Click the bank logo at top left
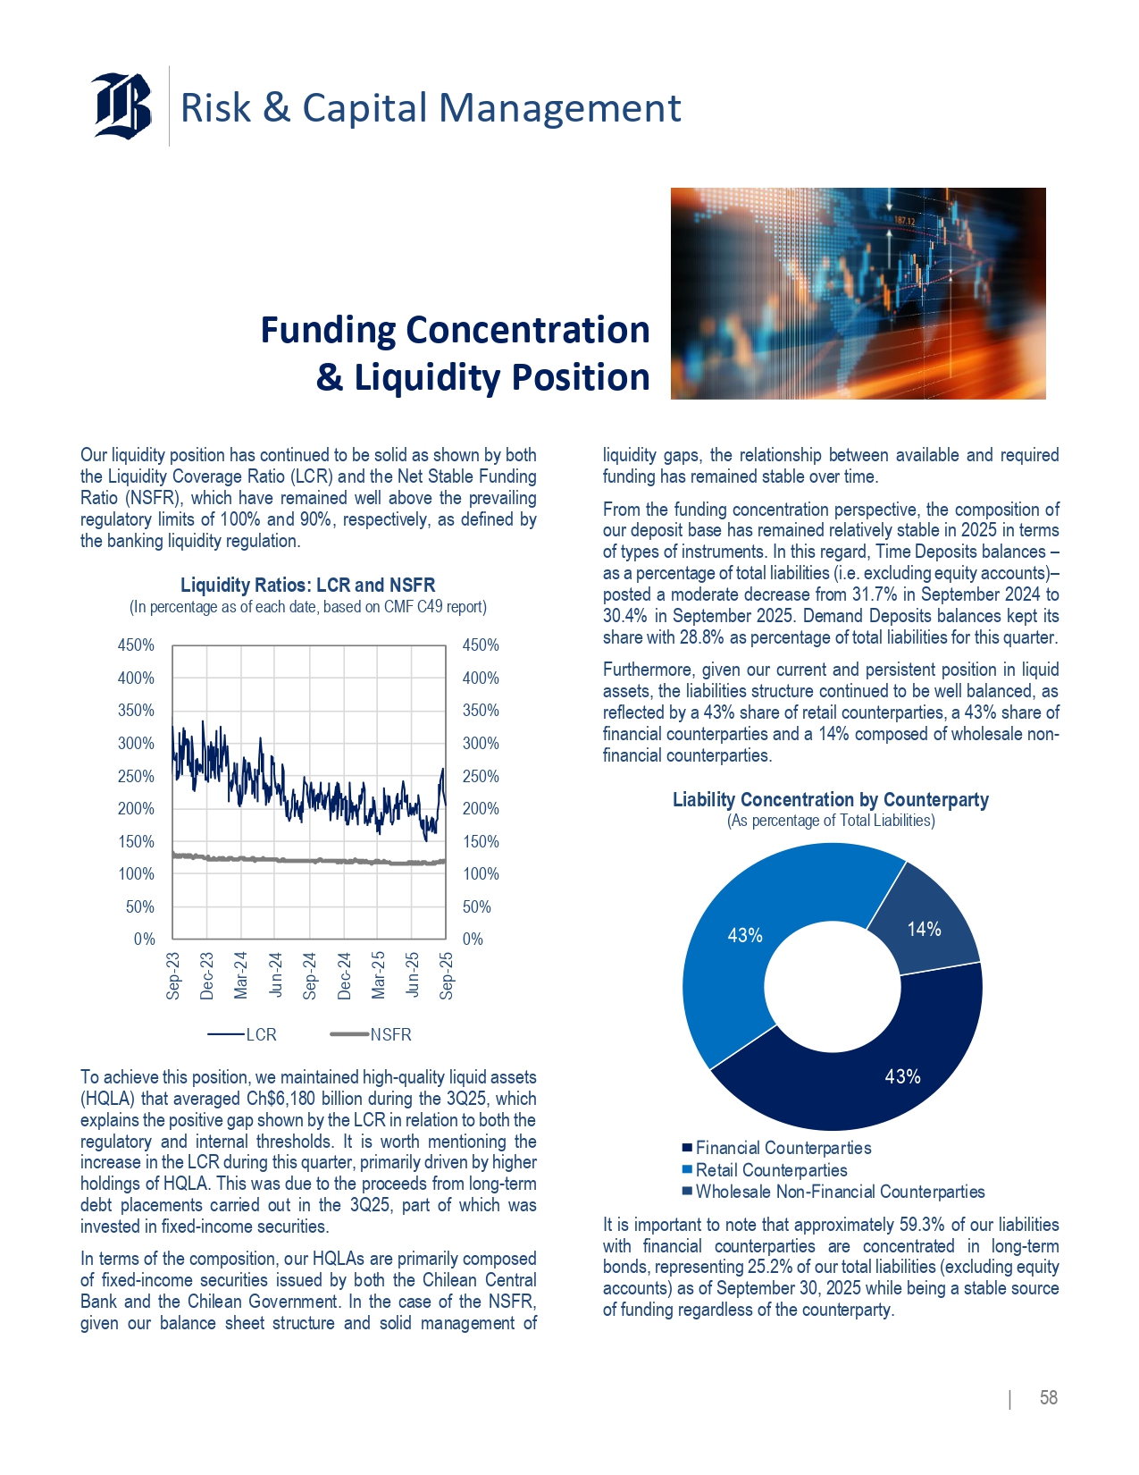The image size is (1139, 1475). (122, 105)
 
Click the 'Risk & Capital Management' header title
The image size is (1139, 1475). (431, 108)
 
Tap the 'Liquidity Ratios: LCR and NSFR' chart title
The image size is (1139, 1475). (307, 586)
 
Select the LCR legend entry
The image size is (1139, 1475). (243, 1034)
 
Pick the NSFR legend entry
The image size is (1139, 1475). (372, 1034)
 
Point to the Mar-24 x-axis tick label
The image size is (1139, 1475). (241, 974)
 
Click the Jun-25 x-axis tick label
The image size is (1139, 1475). (412, 974)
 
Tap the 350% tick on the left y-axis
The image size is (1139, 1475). (136, 711)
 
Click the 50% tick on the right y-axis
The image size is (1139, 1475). (477, 906)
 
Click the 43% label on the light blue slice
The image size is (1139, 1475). (745, 935)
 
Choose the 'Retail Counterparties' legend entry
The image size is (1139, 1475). (771, 1170)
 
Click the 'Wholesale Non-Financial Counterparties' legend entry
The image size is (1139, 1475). (840, 1192)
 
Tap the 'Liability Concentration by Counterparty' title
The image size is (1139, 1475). (830, 800)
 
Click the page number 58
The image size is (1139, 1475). (1049, 1398)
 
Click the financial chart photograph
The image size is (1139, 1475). (858, 293)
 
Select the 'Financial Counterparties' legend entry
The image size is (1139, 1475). (783, 1148)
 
